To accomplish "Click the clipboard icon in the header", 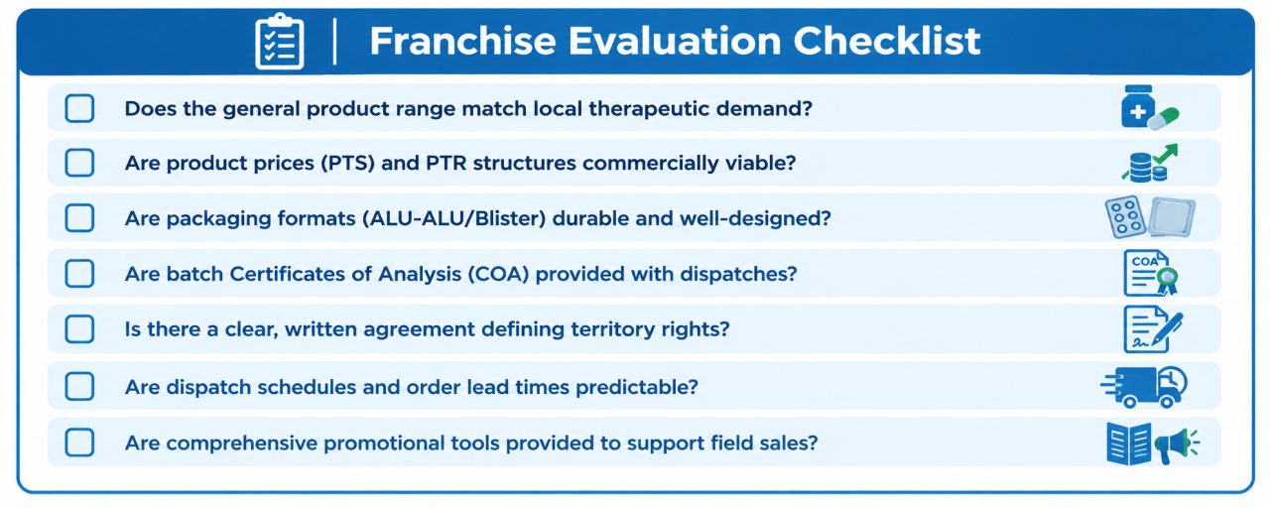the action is coord(279,42).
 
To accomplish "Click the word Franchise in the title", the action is coord(462,41).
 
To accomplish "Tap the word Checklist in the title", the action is coord(887,41).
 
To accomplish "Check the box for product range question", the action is coord(79,108).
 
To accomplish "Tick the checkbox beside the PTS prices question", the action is coord(79,163).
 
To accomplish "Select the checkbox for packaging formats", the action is coord(79,218).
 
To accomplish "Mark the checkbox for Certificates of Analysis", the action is coord(79,273).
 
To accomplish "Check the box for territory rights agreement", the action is coord(79,328).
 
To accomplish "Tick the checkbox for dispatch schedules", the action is coord(79,387).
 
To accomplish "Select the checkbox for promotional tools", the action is coord(79,443).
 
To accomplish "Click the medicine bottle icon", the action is coord(1137,106).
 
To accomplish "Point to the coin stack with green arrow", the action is coord(1150,164).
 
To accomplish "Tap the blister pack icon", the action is coord(1124,216).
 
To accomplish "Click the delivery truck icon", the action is coord(1144,387).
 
